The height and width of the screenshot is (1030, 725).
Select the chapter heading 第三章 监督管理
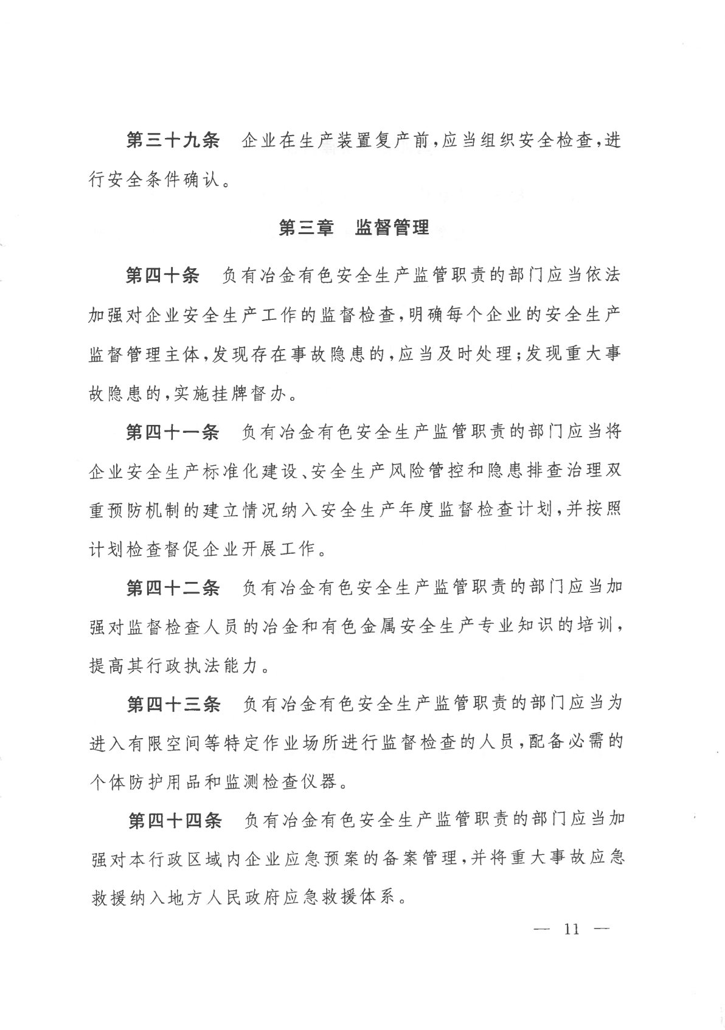[x=354, y=228]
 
